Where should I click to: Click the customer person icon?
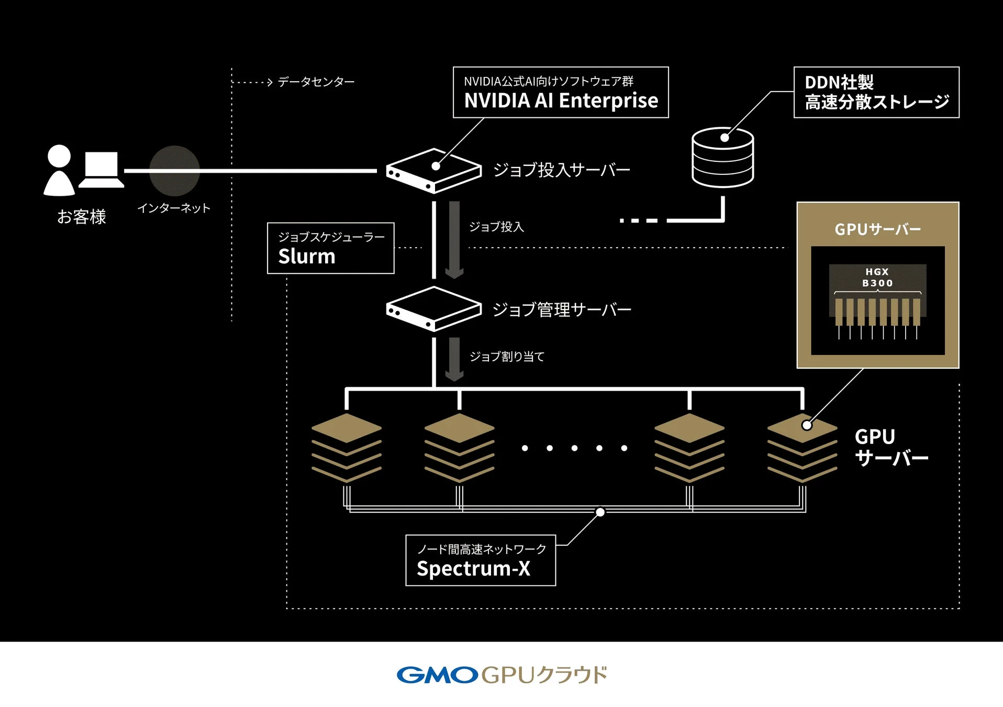click(x=59, y=171)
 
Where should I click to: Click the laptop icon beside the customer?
click(x=101, y=170)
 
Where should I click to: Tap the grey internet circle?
click(x=174, y=171)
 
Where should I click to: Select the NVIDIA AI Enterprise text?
click(x=561, y=101)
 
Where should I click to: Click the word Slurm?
click(x=307, y=257)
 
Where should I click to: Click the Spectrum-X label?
click(x=473, y=569)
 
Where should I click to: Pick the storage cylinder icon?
click(x=722, y=158)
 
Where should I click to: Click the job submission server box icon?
click(x=433, y=171)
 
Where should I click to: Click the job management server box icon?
click(x=433, y=309)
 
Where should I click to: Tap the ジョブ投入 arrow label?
click(x=496, y=227)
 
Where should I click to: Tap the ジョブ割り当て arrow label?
click(x=507, y=357)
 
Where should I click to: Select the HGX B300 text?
click(x=877, y=278)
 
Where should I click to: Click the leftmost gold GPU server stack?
click(x=346, y=448)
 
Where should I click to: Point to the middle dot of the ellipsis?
click(x=574, y=448)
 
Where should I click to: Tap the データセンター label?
click(x=316, y=82)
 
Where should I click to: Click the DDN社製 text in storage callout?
click(x=839, y=83)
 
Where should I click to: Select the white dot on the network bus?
click(x=600, y=512)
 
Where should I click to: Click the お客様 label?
click(x=82, y=217)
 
